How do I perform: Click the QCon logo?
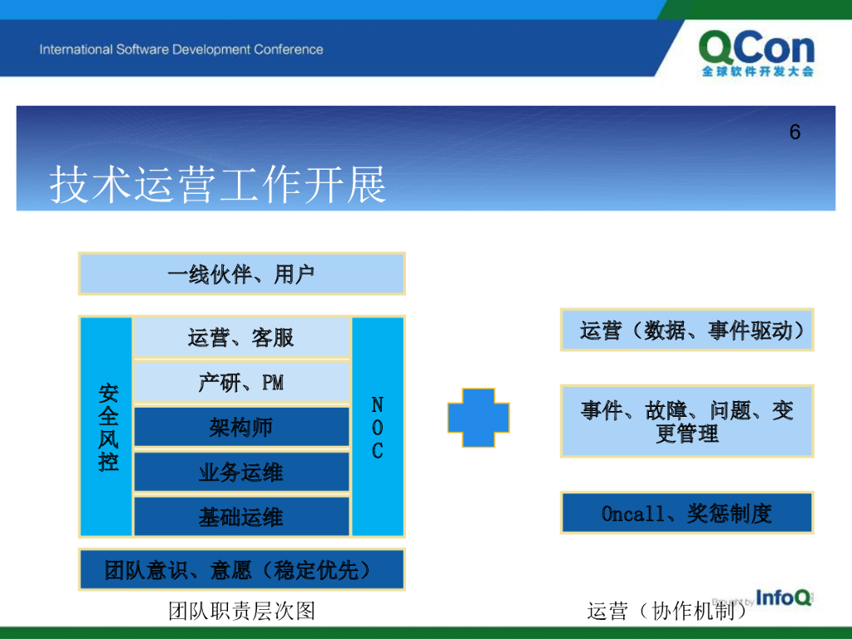(757, 52)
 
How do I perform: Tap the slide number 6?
(795, 132)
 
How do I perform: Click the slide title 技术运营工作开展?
(217, 185)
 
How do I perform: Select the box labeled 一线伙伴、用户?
(242, 274)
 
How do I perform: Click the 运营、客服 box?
(241, 338)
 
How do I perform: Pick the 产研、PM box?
(241, 382)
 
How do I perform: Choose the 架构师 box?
(241, 427)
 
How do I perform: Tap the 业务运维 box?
(241, 473)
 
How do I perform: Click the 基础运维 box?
(241, 516)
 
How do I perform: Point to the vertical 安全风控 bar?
(106, 427)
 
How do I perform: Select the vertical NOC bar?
(378, 427)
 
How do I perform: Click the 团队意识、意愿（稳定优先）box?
(242, 570)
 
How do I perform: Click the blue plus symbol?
(478, 418)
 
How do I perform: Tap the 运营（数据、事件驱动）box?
(686, 329)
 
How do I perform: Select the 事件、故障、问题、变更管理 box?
(686, 421)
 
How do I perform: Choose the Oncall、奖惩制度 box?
(686, 513)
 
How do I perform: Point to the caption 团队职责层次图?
(242, 611)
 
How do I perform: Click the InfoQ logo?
(784, 597)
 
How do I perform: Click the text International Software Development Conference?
(181, 49)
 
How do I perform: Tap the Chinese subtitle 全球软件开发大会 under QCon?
(757, 72)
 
